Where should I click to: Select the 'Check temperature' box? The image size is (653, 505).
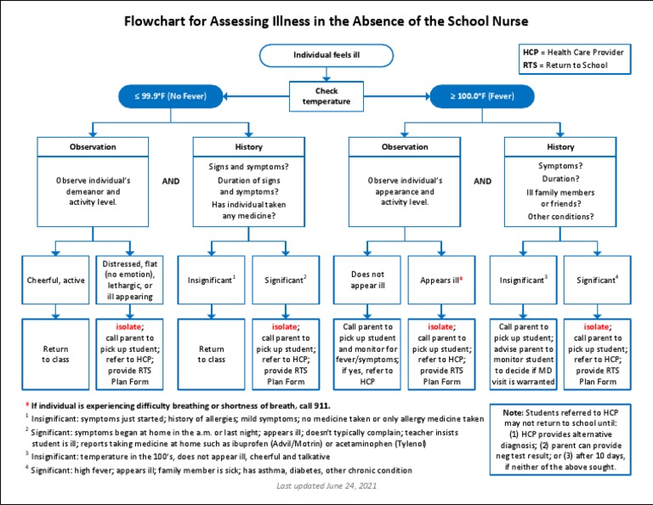tap(326, 96)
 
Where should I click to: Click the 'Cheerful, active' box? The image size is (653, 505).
tap(56, 279)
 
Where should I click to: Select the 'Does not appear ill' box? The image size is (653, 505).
tap(368, 279)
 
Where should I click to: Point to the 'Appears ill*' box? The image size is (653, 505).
tap(441, 279)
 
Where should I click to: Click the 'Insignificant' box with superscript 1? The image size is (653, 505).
tap(211, 279)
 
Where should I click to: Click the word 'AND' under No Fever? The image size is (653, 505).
tap(171, 181)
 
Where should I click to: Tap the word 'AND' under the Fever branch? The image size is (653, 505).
tap(482, 181)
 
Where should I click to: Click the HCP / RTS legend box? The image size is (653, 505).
tap(574, 59)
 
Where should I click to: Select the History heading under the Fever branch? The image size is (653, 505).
tap(560, 147)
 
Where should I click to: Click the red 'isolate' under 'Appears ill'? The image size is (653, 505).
tap(440, 326)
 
